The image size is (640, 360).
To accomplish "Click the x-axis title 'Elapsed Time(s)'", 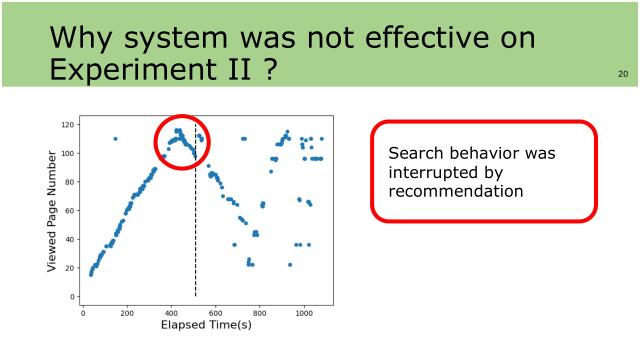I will click(x=206, y=325).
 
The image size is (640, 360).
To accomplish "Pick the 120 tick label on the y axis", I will click(x=68, y=125).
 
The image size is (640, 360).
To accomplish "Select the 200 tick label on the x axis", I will click(x=127, y=312).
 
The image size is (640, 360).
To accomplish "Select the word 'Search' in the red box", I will click(x=411, y=153).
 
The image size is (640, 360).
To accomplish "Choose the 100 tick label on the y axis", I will click(x=68, y=154).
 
